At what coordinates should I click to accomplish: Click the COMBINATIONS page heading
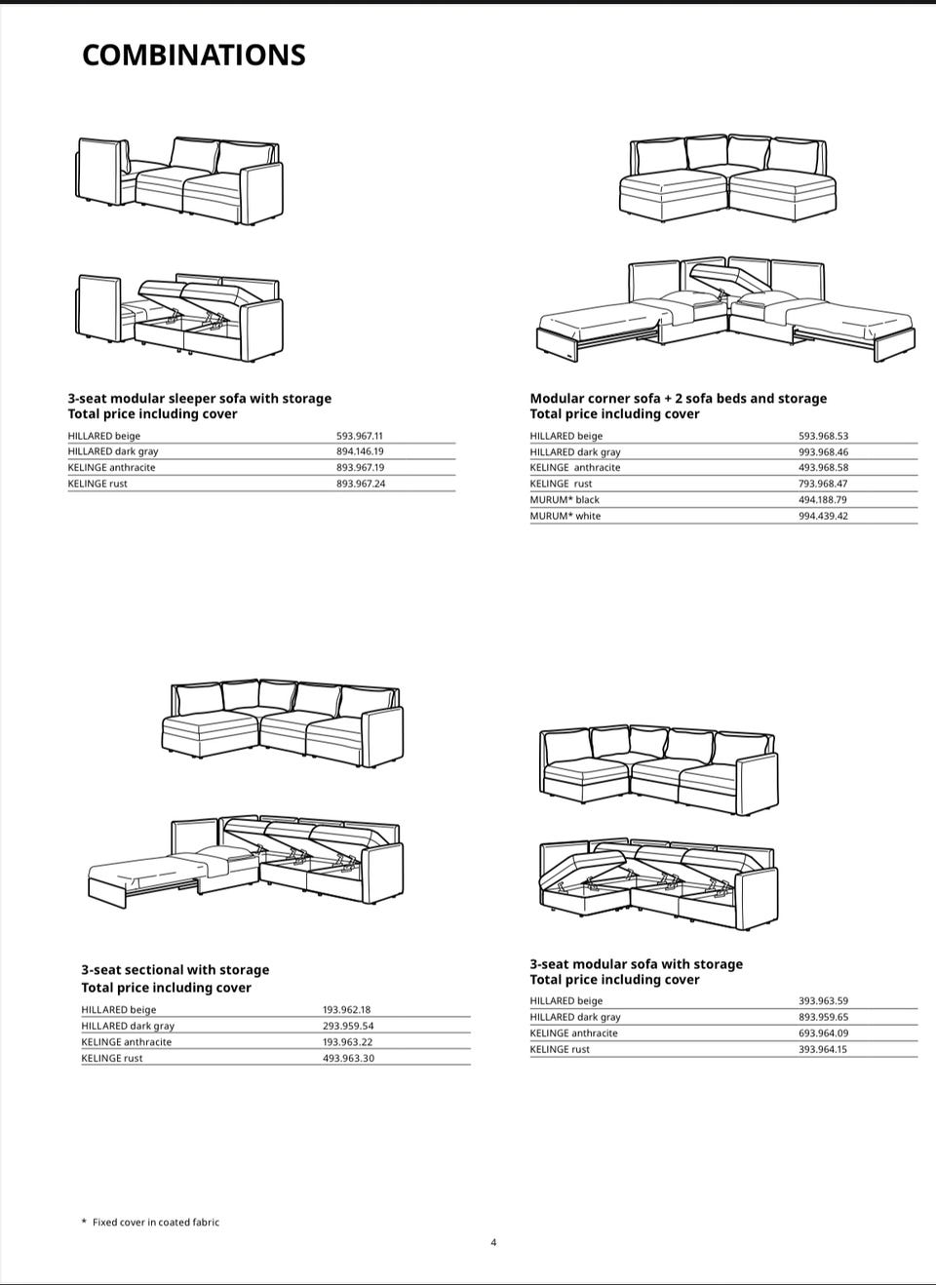click(193, 56)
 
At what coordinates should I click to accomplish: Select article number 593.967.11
click(360, 436)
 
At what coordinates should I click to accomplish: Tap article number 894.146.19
click(360, 451)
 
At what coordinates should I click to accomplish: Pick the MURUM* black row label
click(565, 500)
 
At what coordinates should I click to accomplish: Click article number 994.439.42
click(823, 516)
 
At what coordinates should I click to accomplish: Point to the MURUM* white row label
click(565, 516)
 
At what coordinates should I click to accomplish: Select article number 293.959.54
click(348, 1026)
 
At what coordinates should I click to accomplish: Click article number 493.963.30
click(348, 1058)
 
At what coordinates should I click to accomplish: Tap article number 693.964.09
click(823, 1033)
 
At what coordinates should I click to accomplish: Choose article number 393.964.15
click(823, 1049)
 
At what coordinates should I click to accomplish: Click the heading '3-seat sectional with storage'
click(175, 970)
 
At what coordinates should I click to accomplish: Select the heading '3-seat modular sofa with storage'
click(636, 964)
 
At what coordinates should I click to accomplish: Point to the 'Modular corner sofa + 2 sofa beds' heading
click(678, 399)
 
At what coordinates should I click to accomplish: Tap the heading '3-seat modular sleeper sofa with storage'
click(199, 399)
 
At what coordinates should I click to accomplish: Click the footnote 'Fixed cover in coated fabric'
click(155, 1222)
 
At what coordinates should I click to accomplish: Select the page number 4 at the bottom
click(493, 1242)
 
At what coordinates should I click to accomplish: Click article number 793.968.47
click(823, 484)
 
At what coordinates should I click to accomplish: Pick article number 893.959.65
click(823, 1017)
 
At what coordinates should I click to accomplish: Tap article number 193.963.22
click(348, 1042)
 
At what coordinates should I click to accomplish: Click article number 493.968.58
click(823, 468)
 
